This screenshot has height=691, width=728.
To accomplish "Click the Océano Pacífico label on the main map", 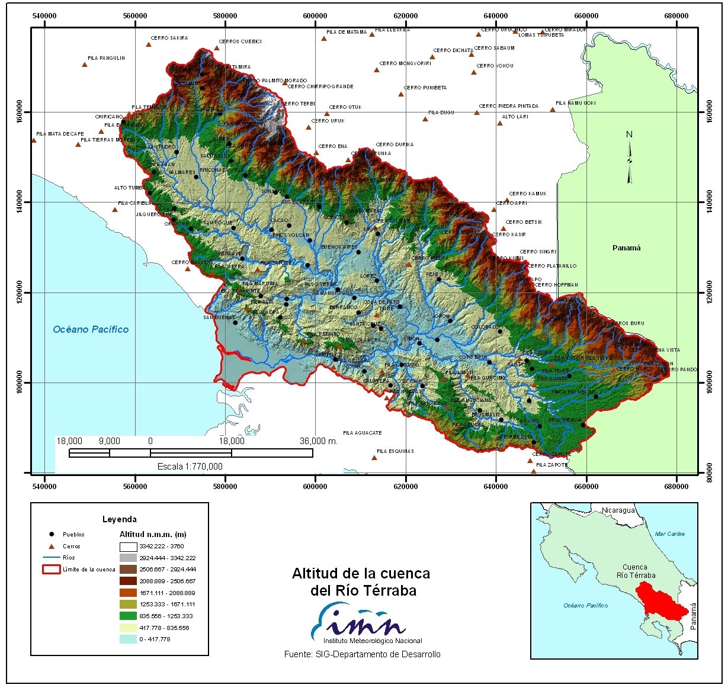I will pos(91,329).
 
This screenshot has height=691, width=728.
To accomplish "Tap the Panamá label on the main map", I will pos(626,248).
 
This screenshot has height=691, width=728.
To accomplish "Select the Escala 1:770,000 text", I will pos(190,467).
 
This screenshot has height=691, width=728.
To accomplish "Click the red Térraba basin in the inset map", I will pos(657,600).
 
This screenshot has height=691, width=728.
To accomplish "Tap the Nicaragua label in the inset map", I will pos(618,510).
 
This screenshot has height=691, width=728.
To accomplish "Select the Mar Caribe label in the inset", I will pos(669,533).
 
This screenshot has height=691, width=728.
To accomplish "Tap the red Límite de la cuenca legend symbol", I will pos(51,569).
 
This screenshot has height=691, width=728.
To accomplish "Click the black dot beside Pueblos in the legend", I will pos(52,535).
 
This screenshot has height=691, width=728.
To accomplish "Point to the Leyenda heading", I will pos(119,519).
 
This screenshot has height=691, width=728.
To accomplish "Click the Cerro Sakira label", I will pos(169,38).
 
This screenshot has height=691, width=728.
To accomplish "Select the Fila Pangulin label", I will pos(106,58).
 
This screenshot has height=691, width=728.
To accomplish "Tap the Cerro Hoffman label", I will pos(556,285).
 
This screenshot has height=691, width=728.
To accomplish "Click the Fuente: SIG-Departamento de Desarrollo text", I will pos(362,654).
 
